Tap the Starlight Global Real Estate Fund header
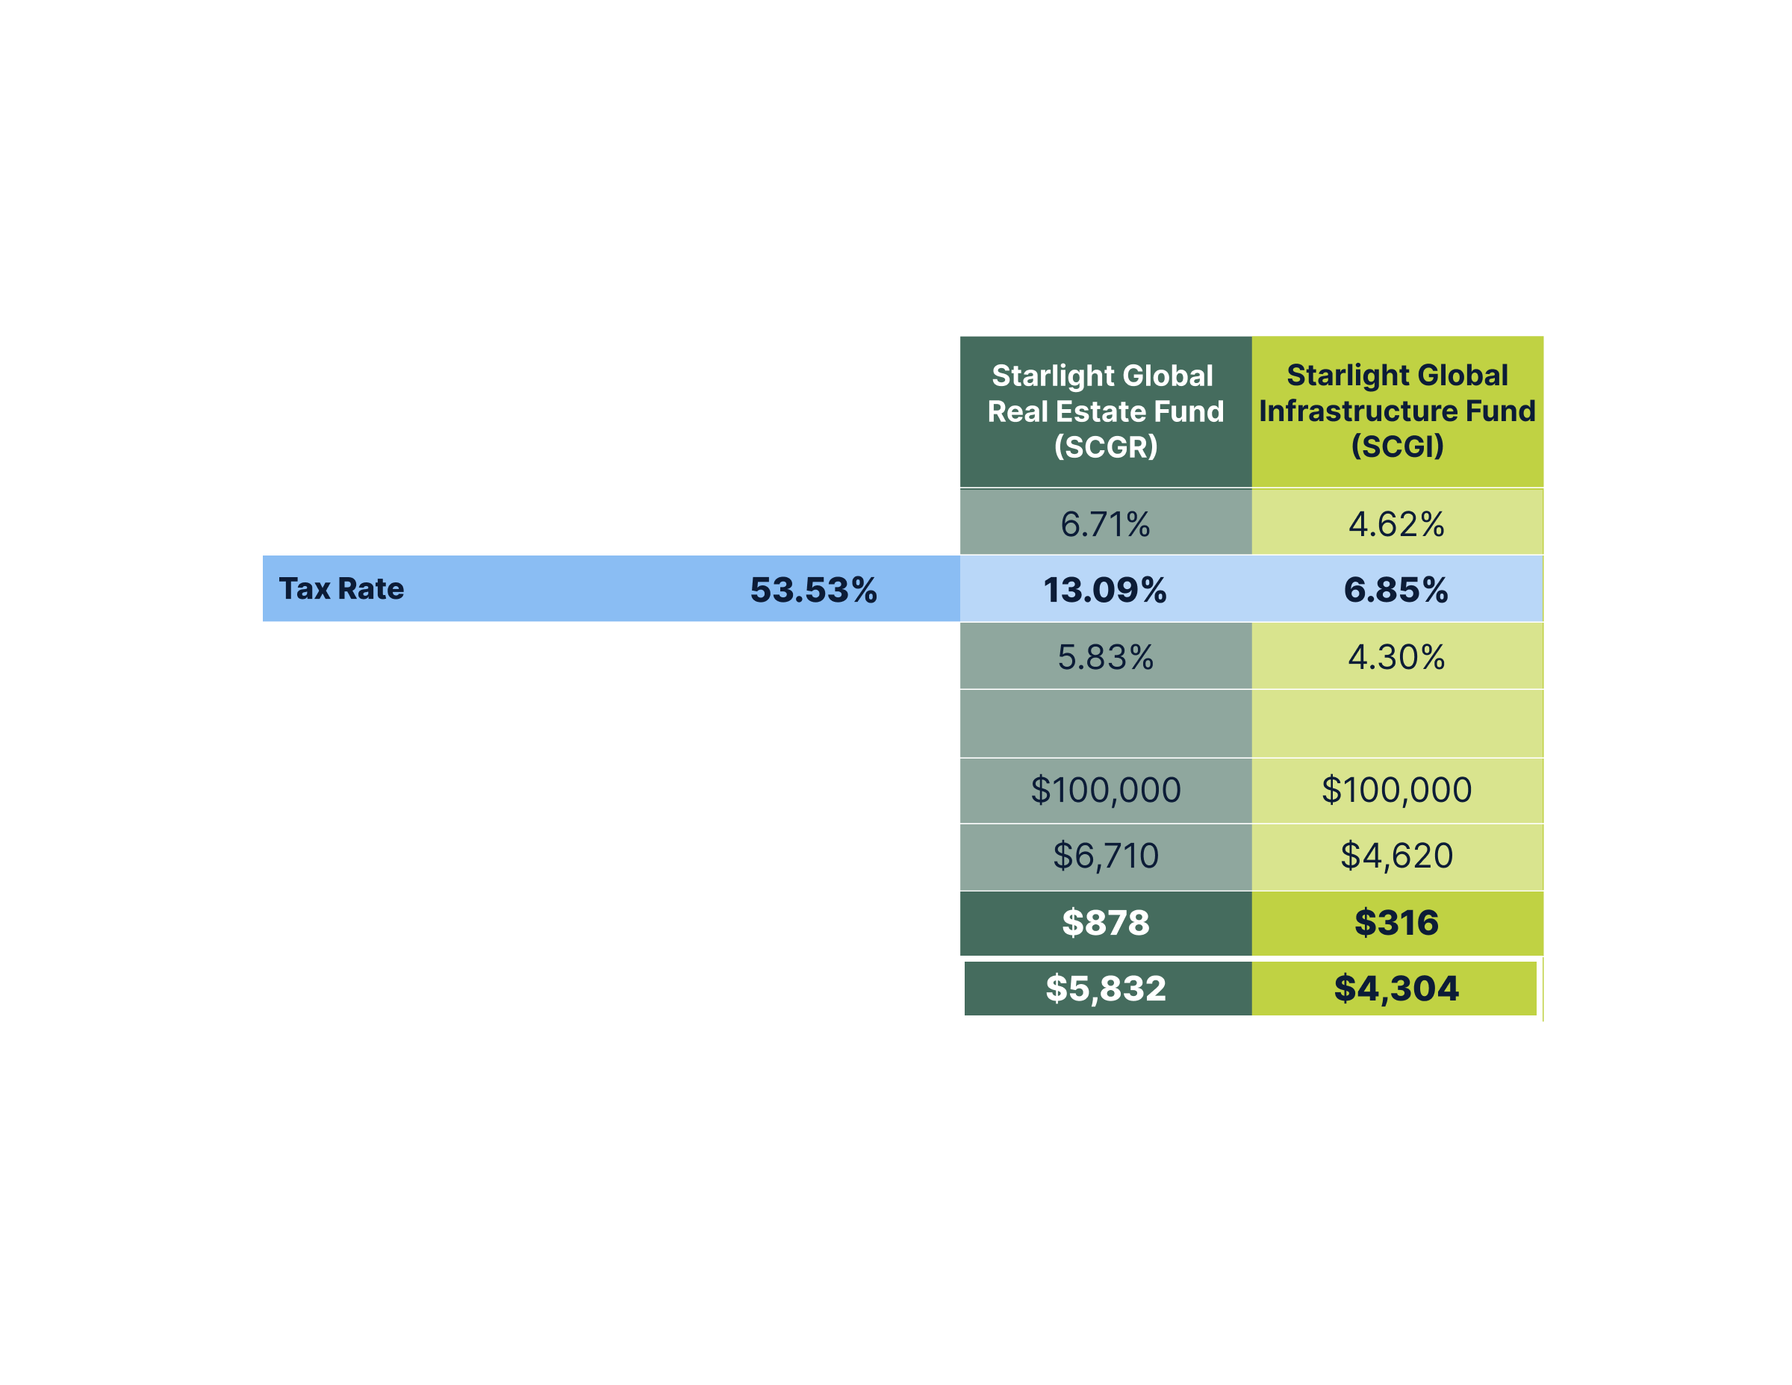coord(1105,411)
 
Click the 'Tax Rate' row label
coord(341,588)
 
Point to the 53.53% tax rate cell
coord(813,590)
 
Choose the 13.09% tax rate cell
coord(1104,590)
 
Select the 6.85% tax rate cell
coord(1396,590)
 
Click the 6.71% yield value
coord(1105,524)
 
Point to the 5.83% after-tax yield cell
coord(1105,657)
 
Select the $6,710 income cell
coord(1105,856)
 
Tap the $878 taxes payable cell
coord(1105,922)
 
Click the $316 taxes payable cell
coord(1396,922)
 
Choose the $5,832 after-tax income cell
coord(1105,988)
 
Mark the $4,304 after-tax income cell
coord(1396,988)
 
